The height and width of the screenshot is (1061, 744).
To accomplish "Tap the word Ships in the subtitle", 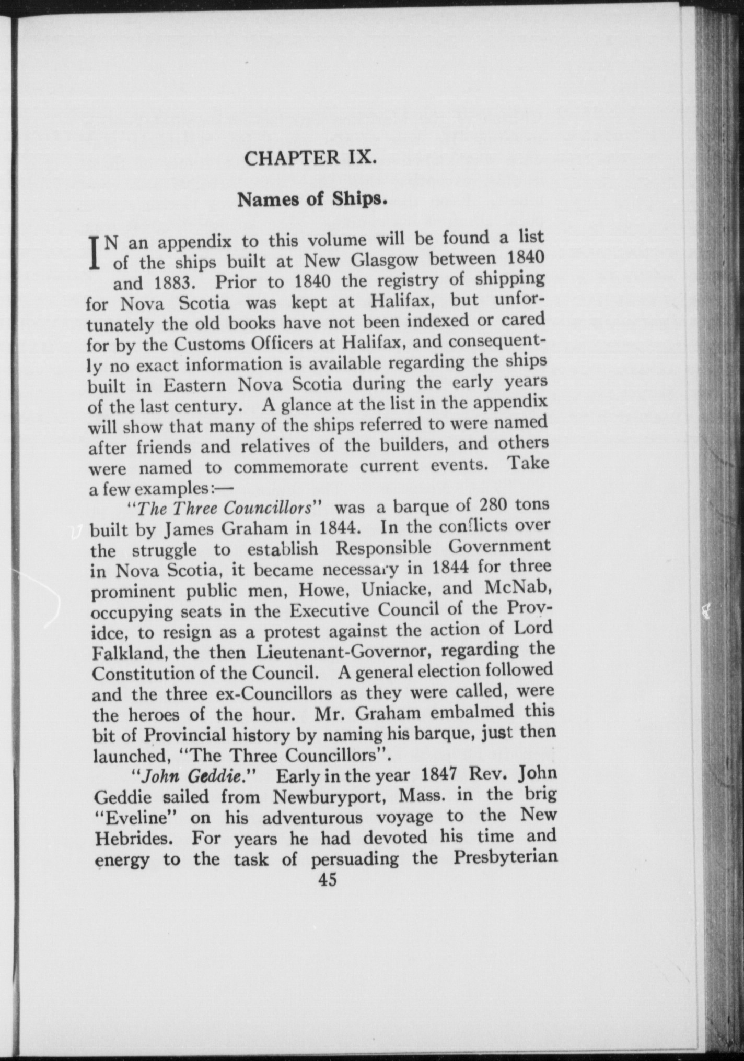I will pos(361,200).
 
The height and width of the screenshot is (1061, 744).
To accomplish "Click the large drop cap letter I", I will pos(96,252).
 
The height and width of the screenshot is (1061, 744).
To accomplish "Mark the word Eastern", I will pos(194,385).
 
